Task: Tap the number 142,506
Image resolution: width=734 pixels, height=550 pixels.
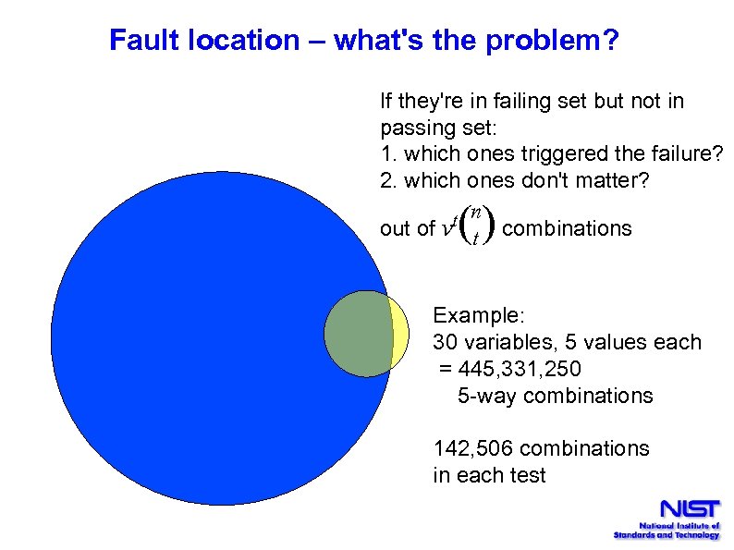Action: (473, 449)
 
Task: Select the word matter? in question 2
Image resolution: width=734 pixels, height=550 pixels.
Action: (612, 180)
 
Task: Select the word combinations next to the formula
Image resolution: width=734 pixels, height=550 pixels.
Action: (567, 228)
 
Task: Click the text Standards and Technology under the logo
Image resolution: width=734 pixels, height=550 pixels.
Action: (667, 535)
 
